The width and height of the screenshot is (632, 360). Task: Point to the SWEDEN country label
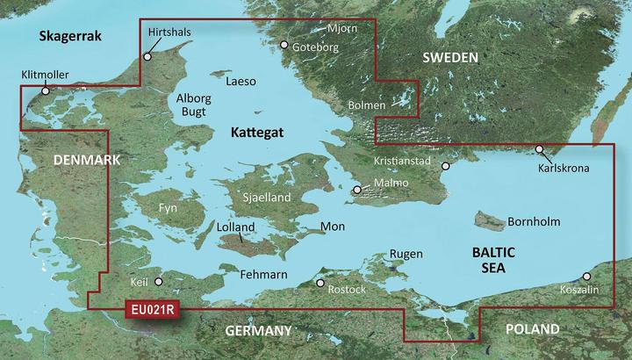point(450,58)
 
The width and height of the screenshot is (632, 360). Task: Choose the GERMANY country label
point(258,331)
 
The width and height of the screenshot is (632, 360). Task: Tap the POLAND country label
point(532,329)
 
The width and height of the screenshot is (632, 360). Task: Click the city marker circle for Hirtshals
point(147,56)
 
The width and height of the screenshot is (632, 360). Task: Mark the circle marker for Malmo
point(356,190)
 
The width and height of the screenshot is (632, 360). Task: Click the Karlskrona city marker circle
point(539,149)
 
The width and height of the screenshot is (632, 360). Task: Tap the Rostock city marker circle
point(320,284)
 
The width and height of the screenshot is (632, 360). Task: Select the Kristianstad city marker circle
point(445,166)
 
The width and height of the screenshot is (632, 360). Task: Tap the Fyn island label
point(168,208)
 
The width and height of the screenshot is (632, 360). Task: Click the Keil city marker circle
point(159,282)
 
